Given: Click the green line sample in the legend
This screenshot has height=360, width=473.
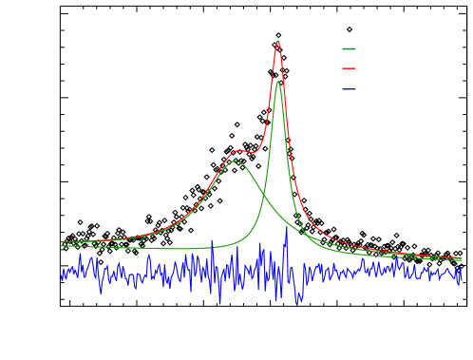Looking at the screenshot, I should [349, 48].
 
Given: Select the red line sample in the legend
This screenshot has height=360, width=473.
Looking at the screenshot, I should [349, 68].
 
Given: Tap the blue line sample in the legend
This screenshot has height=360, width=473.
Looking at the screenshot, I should [349, 89].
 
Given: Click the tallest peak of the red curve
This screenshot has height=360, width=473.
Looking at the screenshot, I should [277, 42].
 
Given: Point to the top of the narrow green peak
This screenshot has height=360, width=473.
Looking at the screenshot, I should [277, 82].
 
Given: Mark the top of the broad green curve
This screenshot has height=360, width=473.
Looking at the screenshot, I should [236, 161].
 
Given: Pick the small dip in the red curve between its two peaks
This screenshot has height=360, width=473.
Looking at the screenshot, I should [252, 151].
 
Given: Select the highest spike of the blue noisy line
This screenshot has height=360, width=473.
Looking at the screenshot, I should [287, 227].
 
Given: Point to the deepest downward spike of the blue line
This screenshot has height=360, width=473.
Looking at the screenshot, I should [220, 304].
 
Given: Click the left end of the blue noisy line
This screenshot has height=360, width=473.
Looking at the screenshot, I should [62, 275].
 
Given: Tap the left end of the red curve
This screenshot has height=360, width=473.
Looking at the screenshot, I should [62, 241].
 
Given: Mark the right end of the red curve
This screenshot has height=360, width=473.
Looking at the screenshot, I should [461, 257].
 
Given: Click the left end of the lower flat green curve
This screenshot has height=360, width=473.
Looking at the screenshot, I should [62, 245].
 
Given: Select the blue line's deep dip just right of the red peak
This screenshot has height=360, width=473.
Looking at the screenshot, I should [298, 301].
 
